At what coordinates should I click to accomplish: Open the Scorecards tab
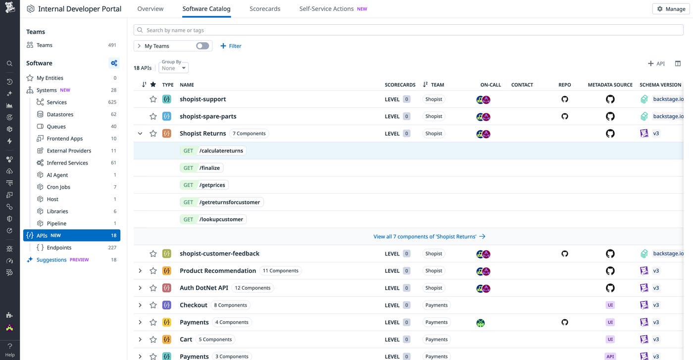265,9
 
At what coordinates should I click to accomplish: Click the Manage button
671,9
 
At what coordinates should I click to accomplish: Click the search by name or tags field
408,30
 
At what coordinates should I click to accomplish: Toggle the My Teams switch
202,46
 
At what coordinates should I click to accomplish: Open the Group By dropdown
173,68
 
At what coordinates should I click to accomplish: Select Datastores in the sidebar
60,114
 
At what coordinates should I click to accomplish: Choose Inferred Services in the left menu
67,163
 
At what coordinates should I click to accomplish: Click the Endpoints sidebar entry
59,248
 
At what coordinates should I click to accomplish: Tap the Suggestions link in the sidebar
51,260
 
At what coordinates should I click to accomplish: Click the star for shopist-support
153,99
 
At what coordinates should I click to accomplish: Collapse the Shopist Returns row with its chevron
140,134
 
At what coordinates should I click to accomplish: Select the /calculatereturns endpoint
221,151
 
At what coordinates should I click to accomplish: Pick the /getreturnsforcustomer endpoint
229,202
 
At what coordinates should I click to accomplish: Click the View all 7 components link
429,237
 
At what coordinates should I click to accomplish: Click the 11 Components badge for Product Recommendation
280,271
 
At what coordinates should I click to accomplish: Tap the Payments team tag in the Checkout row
436,305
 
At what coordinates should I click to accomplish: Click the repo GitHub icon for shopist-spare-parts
565,116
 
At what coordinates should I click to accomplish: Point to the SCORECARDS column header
400,85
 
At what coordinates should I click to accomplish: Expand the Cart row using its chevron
140,340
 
